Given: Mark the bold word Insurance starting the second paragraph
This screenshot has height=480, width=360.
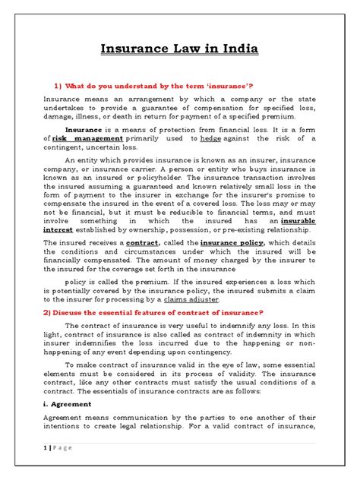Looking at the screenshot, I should click(86, 131).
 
